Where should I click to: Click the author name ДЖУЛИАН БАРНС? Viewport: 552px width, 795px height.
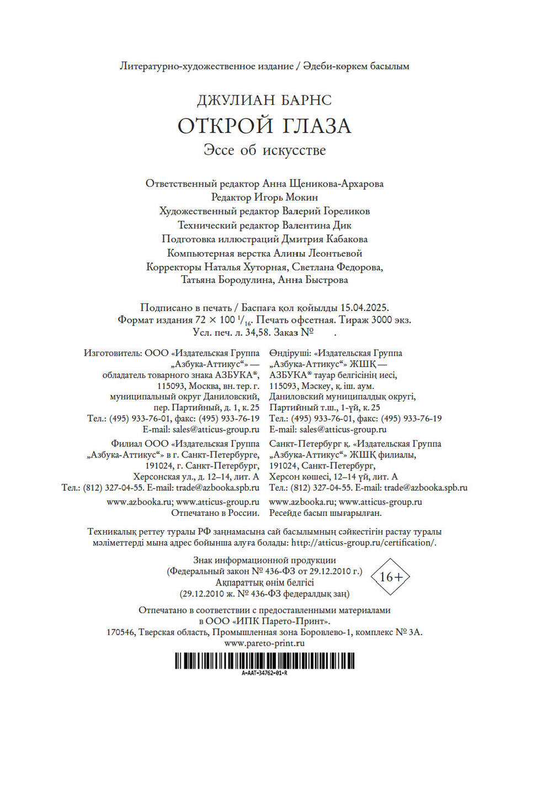[x=264, y=100]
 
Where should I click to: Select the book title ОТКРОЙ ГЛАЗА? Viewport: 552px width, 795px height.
[x=264, y=126]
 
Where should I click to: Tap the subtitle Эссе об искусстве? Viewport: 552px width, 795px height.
[x=264, y=150]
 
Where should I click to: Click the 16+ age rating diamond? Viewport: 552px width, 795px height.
[x=391, y=577]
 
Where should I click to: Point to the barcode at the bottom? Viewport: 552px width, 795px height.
[x=264, y=660]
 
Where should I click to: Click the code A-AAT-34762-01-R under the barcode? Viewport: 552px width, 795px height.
[x=264, y=673]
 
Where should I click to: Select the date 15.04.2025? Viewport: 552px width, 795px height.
[x=364, y=308]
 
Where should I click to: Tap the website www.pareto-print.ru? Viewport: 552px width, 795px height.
[x=264, y=643]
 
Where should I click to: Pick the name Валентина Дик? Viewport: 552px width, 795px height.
[x=317, y=225]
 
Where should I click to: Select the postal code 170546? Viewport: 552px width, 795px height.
[x=120, y=632]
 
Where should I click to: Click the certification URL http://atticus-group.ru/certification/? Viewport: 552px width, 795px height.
[x=364, y=543]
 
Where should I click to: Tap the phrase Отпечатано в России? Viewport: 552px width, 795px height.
[x=215, y=513]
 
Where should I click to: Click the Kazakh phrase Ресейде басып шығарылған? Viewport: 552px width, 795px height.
[x=325, y=513]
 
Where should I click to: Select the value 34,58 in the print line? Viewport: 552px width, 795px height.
[x=258, y=333]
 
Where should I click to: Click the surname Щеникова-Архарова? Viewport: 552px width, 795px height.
[x=337, y=184]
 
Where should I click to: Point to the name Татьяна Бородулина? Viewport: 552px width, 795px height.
[x=227, y=280]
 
